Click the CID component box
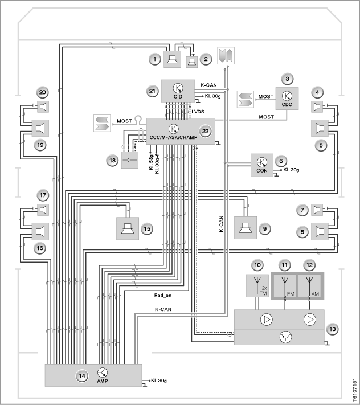pos(178,91)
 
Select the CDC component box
pos(287,99)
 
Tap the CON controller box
pos(262,165)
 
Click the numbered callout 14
pos(82,376)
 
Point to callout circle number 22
pos(205,131)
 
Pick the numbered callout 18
pos(112,161)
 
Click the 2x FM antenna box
pos(257,286)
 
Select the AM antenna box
pos(310,286)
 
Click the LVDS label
pos(198,112)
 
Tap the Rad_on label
pos(163,295)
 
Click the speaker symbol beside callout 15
pos(128,228)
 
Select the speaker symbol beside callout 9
pos(246,228)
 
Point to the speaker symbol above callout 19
pos(40,128)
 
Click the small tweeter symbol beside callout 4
pos(317,107)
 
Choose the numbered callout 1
pos(155,59)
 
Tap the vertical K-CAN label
pos(222,224)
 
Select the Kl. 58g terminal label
pos(151,162)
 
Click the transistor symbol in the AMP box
pos(103,373)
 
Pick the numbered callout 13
pos(332,329)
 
